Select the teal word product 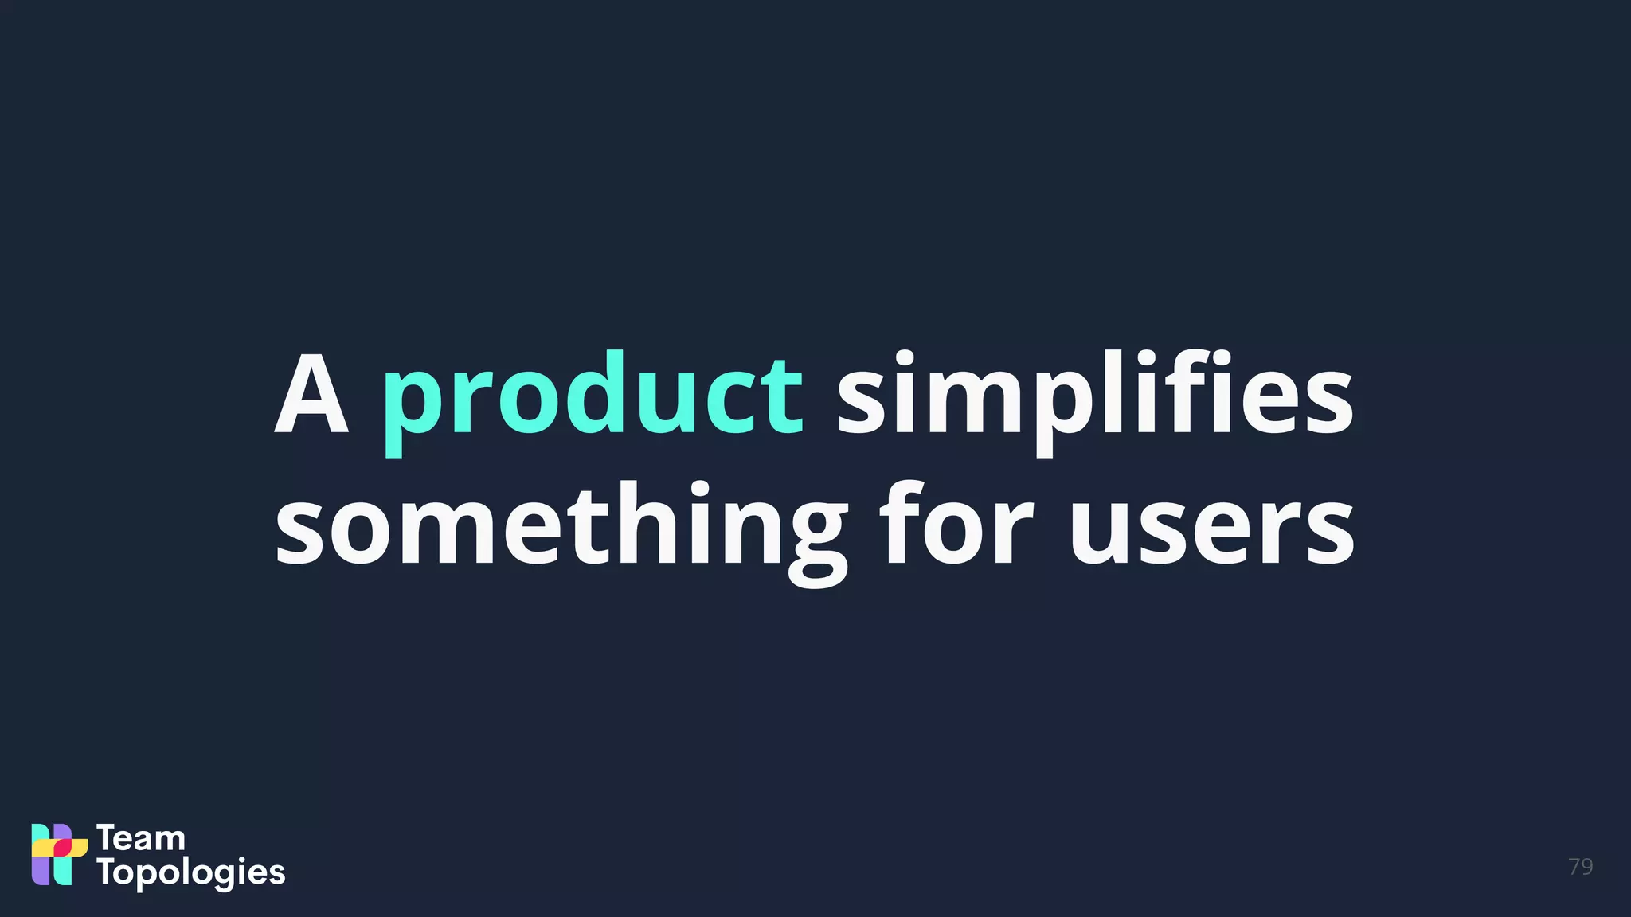pos(593,396)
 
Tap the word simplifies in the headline pos(1094,396)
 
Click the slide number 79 pos(1580,866)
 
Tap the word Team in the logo pos(141,838)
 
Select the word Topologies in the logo pos(191,872)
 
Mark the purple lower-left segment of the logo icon pos(40,871)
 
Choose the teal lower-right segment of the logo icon pos(63,871)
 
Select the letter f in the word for pos(898,521)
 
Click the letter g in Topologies pos(229,875)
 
